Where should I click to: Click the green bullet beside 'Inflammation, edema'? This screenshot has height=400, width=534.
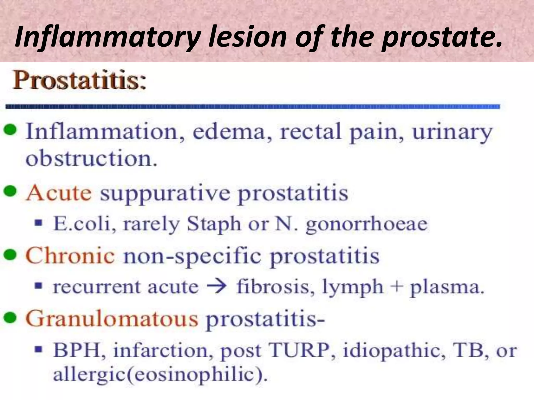(11, 130)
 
